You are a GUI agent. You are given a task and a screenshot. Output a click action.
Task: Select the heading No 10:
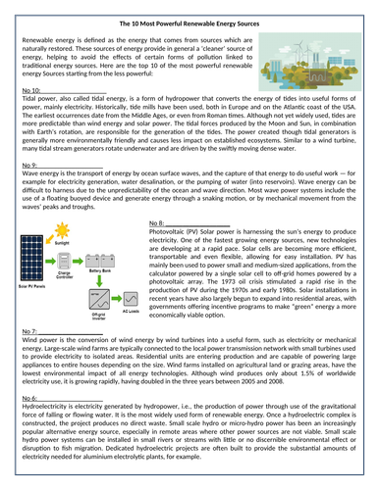[x=32, y=89]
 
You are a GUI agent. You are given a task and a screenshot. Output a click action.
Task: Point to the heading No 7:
[x=30, y=362]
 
